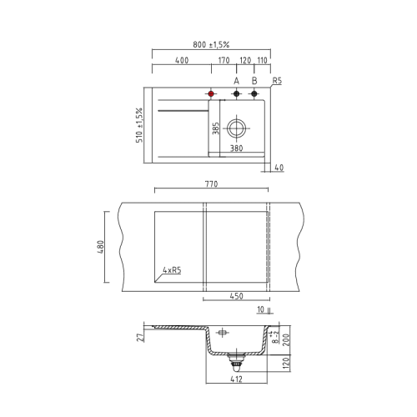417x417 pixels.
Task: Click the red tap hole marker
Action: (212, 93)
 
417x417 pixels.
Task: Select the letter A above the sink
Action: (236, 82)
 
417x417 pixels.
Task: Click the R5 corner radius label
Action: (278, 82)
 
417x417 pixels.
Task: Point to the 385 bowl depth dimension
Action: (215, 129)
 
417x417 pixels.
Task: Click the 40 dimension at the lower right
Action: (279, 168)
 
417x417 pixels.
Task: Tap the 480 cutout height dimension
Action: (99, 248)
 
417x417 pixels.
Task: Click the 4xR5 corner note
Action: (173, 270)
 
